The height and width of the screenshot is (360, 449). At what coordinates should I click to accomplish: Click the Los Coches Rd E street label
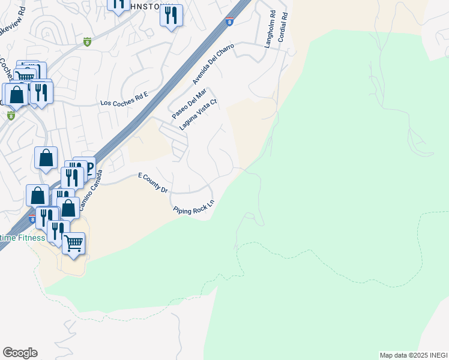(x=124, y=102)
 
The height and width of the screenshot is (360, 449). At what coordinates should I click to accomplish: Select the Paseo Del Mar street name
(x=188, y=103)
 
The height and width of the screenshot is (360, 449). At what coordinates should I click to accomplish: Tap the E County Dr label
(x=152, y=182)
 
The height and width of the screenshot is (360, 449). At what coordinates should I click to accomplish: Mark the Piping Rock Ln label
(x=193, y=211)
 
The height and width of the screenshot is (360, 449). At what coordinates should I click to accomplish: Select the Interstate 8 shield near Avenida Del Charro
(x=230, y=22)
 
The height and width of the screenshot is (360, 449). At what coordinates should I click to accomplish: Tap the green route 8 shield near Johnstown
(x=88, y=41)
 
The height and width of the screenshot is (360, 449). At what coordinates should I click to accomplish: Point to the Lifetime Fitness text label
(x=22, y=238)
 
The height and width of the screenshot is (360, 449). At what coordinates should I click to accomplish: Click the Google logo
(x=20, y=353)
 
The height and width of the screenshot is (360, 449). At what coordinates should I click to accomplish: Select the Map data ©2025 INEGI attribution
(x=413, y=355)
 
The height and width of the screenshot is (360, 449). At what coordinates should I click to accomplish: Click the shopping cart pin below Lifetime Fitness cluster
(x=73, y=244)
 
